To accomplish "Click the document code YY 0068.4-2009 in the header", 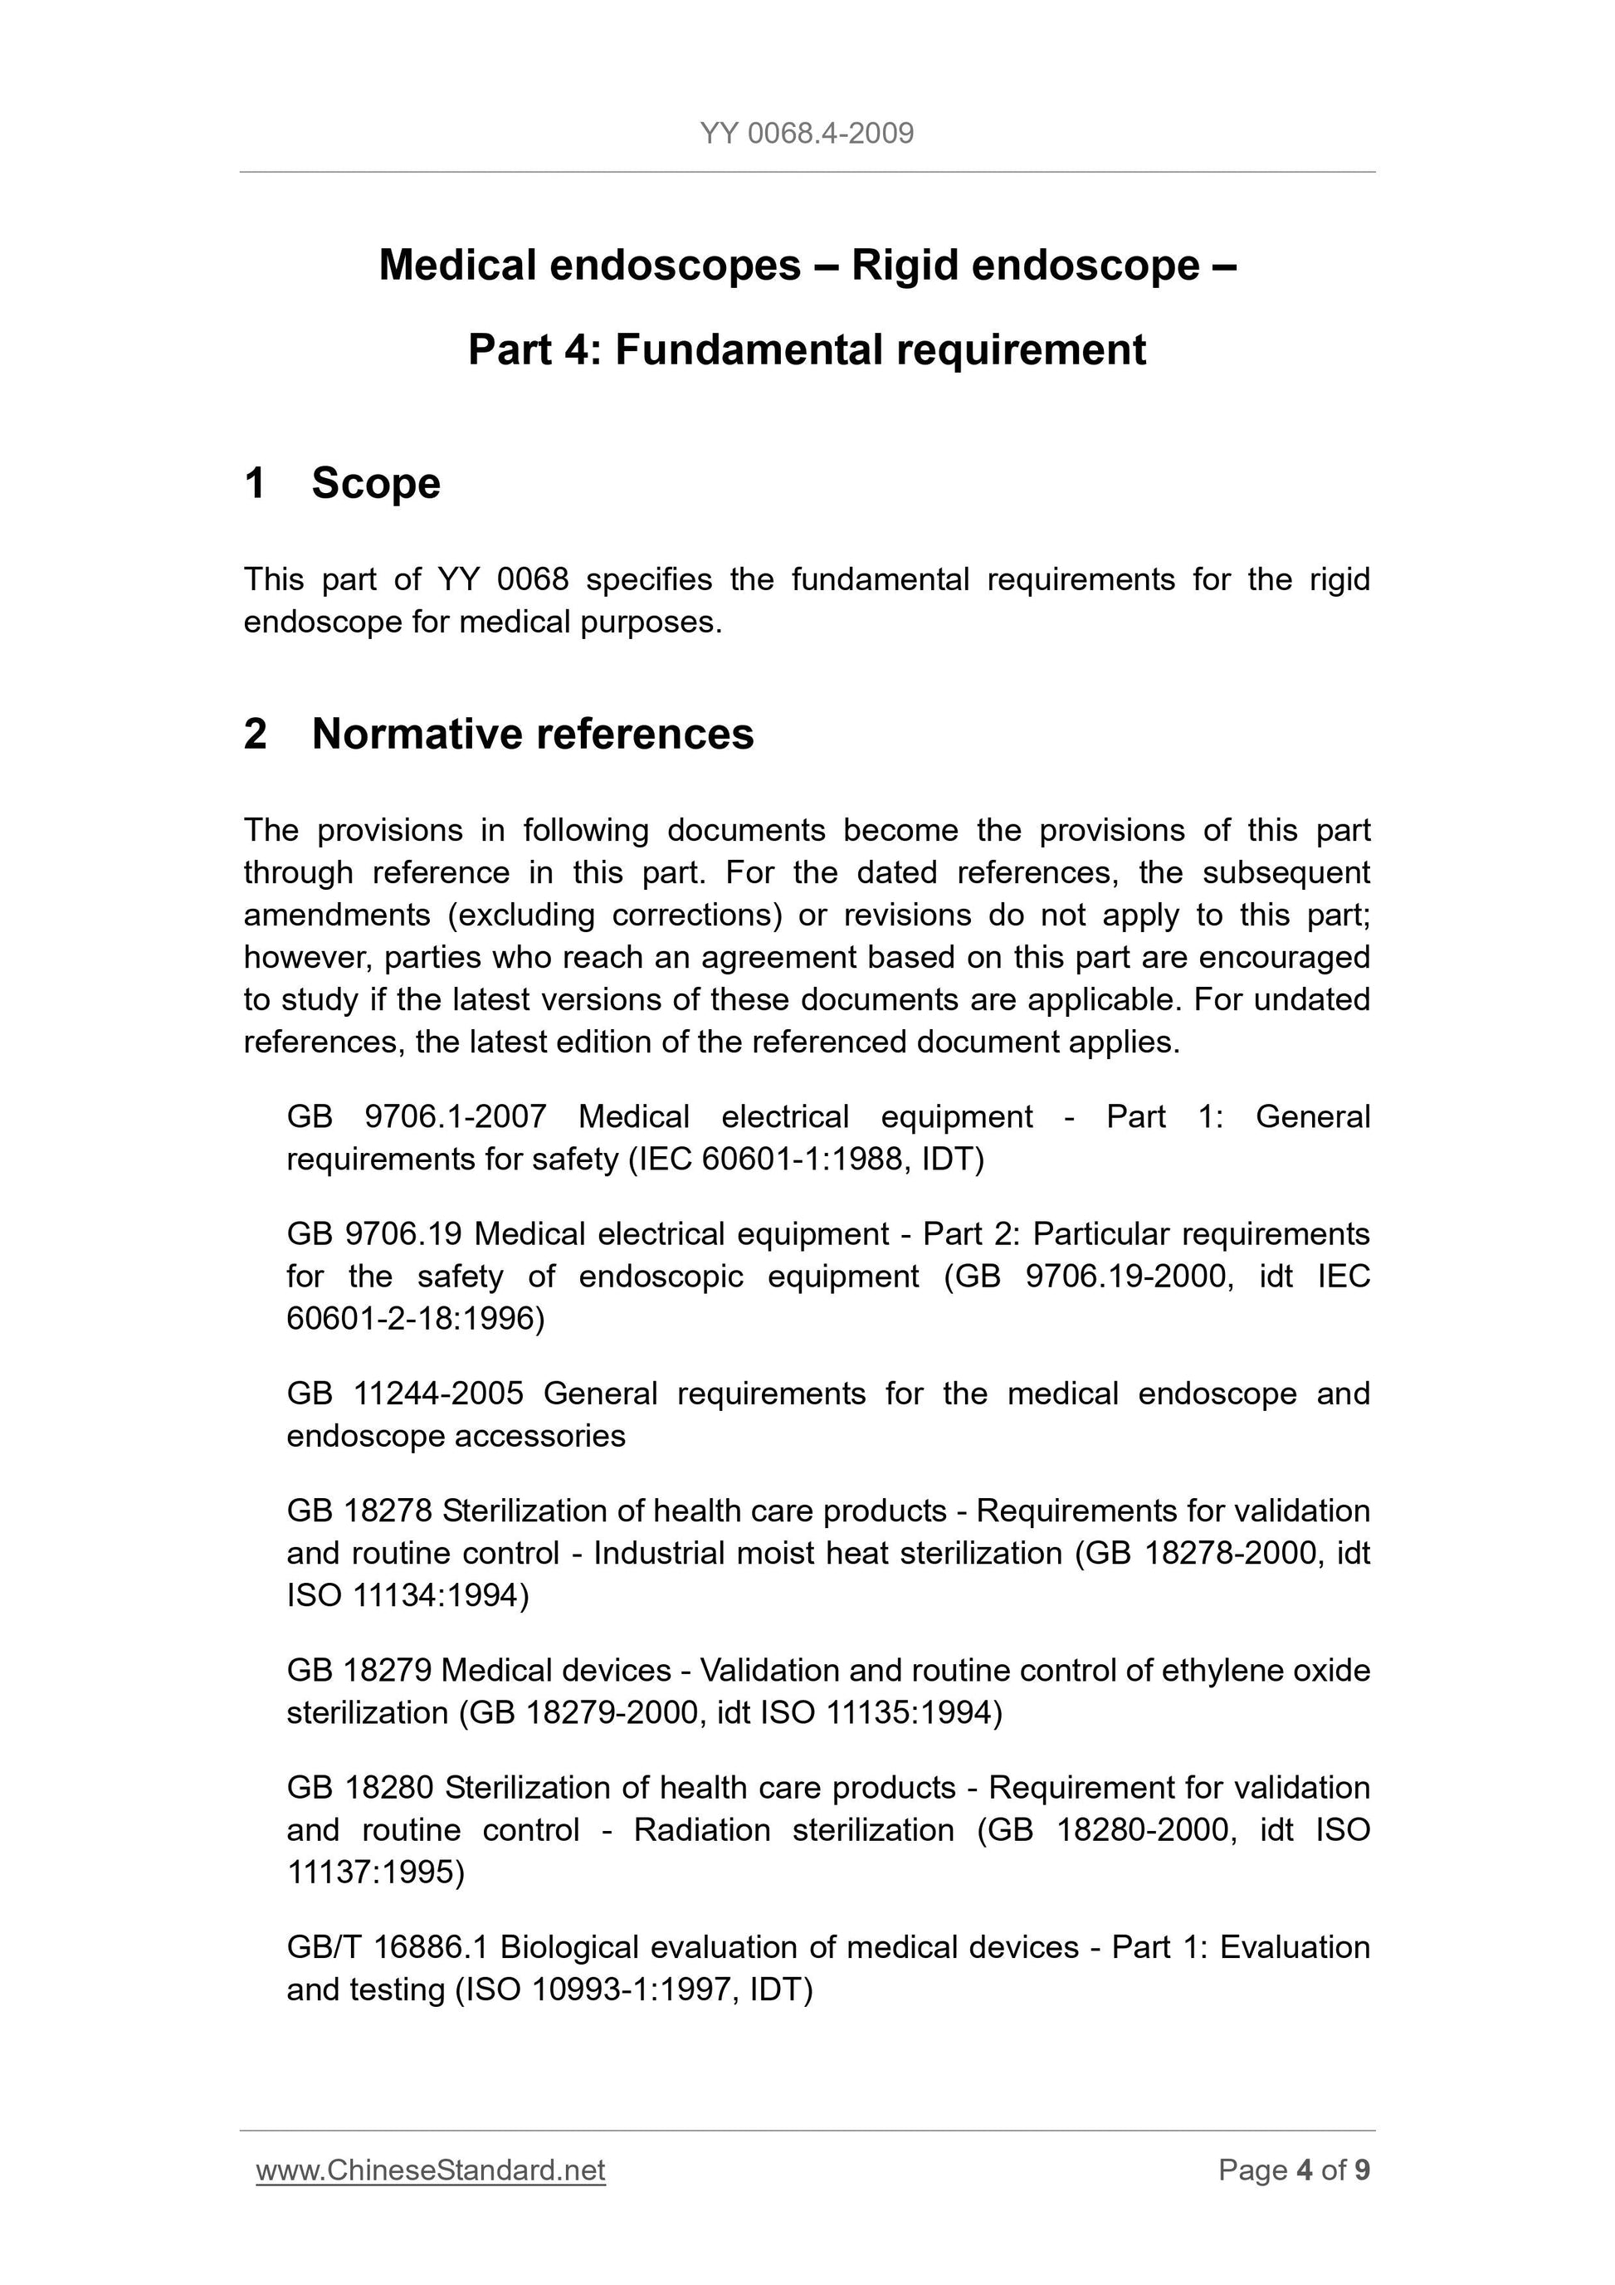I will (x=806, y=134).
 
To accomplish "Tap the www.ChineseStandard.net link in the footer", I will (x=431, y=2170).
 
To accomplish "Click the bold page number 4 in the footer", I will (x=1304, y=2170).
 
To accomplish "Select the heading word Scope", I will (x=375, y=484).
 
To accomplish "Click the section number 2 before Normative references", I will (x=255, y=735).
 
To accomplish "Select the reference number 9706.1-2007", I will (x=456, y=1116).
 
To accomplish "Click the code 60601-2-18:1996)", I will (x=415, y=1319).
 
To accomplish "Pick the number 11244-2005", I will (x=438, y=1394).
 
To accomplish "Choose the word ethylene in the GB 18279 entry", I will (x=1220, y=1670).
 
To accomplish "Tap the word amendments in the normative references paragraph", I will (x=336, y=915).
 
